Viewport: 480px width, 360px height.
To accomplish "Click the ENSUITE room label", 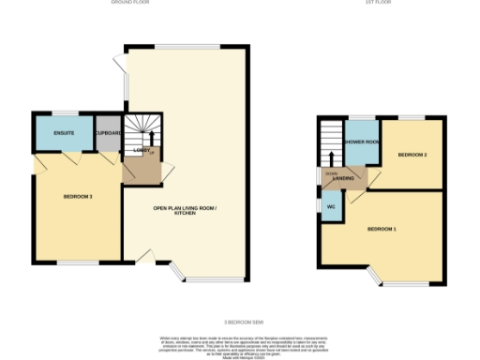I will pos(63,133).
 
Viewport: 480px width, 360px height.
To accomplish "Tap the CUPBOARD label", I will pos(108,133).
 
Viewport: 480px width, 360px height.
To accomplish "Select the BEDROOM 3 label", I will pos(77,197).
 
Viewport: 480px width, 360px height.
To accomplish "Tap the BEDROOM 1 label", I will pos(382,229).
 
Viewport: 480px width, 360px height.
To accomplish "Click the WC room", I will pos(331,206).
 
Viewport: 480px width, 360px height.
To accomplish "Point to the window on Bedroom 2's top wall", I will pos(412,117).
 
